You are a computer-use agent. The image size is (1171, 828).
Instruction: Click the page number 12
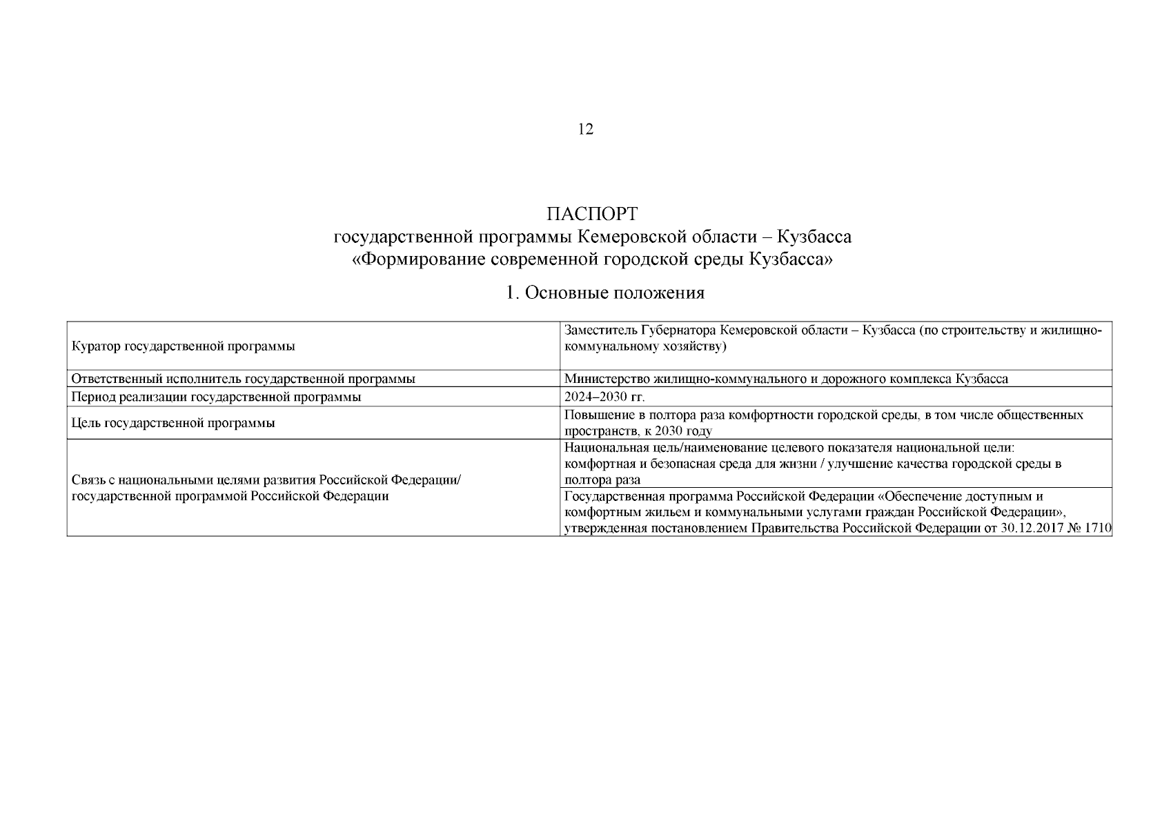(x=585, y=129)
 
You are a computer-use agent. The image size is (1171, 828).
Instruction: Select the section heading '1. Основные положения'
(x=604, y=293)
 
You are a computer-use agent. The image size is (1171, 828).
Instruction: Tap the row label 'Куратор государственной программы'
(x=184, y=346)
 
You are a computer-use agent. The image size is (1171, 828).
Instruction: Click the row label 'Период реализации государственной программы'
(x=217, y=397)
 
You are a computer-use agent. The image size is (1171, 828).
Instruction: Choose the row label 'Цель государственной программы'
(x=173, y=423)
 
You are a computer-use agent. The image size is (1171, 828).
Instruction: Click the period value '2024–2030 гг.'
(x=604, y=397)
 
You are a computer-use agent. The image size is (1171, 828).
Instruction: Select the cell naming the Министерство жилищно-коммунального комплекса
(x=786, y=379)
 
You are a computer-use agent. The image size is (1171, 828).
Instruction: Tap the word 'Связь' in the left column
(x=88, y=480)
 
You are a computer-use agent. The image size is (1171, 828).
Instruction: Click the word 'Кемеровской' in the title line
(x=631, y=237)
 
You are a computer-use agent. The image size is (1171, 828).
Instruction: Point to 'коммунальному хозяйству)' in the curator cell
(x=646, y=346)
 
